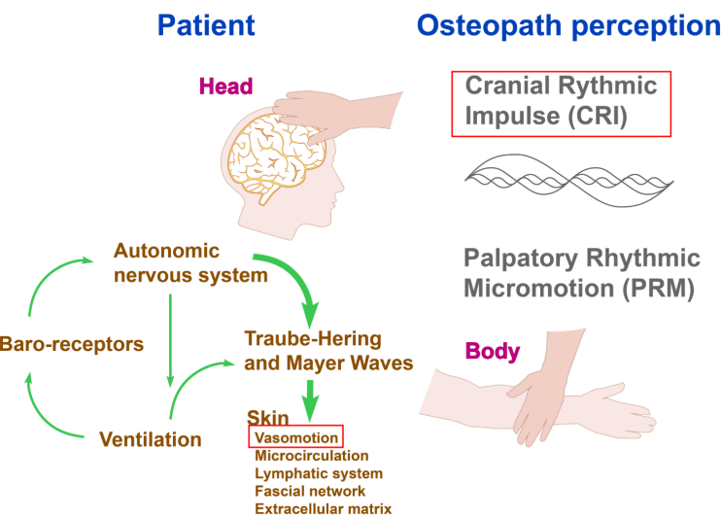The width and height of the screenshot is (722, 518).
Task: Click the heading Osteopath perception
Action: [x=568, y=25]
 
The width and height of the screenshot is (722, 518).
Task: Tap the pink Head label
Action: [x=225, y=86]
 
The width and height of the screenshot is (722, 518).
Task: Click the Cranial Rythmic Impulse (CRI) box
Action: [x=562, y=103]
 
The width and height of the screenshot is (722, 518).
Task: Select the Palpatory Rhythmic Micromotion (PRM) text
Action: [x=581, y=273]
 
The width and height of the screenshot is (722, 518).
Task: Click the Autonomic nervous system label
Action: [x=189, y=262]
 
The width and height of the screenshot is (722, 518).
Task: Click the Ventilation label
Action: [x=151, y=439]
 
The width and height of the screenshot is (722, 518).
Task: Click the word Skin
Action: [x=266, y=419]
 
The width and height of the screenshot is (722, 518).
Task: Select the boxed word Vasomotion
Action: [x=295, y=437]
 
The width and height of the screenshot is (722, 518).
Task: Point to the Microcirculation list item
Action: [x=311, y=455]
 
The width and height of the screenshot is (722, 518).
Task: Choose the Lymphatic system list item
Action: [x=318, y=473]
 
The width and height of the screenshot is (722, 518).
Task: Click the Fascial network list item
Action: [x=309, y=491]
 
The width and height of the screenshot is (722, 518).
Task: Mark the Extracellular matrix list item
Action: [x=323, y=508]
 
